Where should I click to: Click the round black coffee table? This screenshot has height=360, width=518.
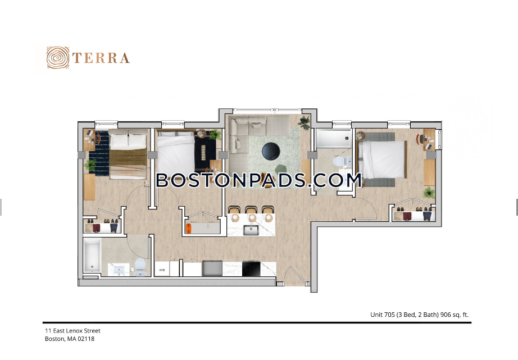point(271,151)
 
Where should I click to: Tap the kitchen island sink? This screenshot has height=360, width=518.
point(251,230)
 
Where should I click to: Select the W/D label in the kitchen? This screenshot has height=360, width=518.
point(162,270)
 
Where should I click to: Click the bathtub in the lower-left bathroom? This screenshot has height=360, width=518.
point(92,254)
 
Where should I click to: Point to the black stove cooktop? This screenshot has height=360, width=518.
point(251,268)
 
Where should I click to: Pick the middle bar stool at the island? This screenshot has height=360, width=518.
point(252,213)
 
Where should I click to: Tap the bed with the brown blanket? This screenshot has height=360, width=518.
point(128,154)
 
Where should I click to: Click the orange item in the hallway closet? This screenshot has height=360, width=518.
point(189,229)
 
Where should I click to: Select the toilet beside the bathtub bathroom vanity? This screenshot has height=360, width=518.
point(140,267)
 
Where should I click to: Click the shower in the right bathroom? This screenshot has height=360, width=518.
point(333,138)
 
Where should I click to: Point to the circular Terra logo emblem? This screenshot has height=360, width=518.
point(58,57)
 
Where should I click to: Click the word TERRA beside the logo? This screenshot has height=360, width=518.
point(101,58)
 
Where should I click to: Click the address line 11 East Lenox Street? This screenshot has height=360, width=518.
point(72,331)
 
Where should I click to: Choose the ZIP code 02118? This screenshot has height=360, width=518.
point(86,339)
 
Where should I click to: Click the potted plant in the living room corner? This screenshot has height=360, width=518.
point(305,123)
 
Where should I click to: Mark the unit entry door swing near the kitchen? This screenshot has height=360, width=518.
point(296,276)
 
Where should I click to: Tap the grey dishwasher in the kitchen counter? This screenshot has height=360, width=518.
point(212,268)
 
